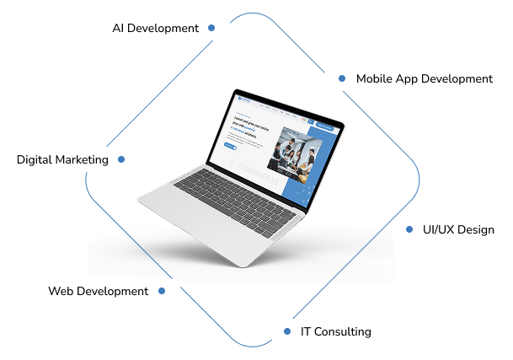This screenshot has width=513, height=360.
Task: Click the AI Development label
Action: pyautogui.click(x=156, y=28)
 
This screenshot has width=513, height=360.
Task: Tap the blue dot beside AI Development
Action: pyautogui.click(x=211, y=28)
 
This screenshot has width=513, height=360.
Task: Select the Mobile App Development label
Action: pyautogui.click(x=424, y=78)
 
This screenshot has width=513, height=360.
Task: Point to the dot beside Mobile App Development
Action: pyautogui.click(x=341, y=78)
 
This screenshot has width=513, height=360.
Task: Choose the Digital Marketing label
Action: pyautogui.click(x=62, y=159)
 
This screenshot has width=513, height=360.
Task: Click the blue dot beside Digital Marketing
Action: pyautogui.click(x=121, y=159)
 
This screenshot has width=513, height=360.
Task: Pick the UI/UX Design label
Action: pyautogui.click(x=457, y=229)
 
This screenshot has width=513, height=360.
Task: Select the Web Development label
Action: pyautogui.click(x=98, y=291)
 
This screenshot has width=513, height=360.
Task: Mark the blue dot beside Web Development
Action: pyautogui.click(x=163, y=291)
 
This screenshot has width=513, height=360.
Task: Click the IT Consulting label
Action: pyautogui.click(x=335, y=331)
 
